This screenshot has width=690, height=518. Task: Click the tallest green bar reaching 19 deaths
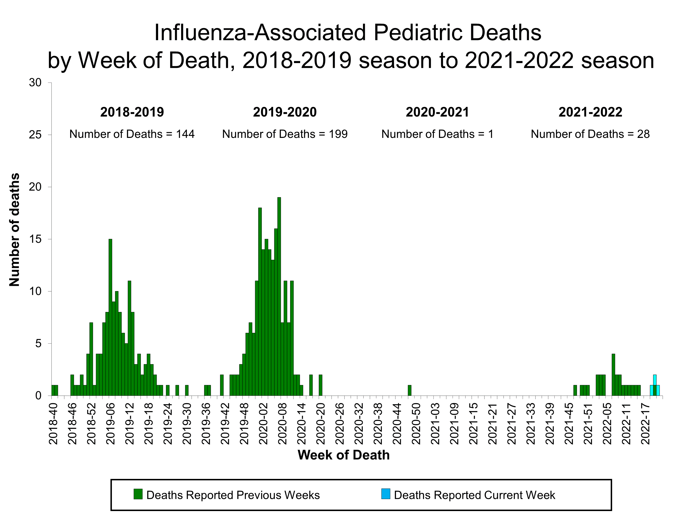[279, 297]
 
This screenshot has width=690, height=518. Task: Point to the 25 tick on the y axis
[35, 135]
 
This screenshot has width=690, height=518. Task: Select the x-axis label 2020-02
[263, 424]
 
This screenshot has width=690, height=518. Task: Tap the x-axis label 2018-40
[53, 424]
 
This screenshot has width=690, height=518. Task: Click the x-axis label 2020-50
[416, 424]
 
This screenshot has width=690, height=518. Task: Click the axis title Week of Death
[343, 455]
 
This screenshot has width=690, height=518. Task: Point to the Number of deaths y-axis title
[14, 230]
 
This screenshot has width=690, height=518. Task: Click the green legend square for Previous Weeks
[138, 494]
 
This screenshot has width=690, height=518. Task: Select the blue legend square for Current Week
[385, 494]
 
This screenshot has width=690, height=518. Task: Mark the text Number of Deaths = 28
[590, 134]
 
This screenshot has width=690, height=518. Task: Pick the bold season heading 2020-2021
[437, 112]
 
